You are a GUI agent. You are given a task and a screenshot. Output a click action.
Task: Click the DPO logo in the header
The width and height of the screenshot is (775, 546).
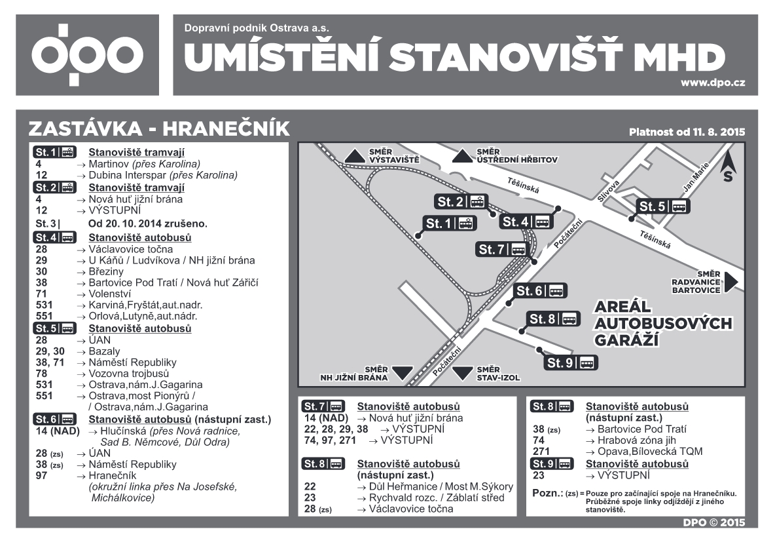[88, 55]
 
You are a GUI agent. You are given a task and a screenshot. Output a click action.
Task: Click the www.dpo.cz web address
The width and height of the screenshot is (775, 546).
[713, 83]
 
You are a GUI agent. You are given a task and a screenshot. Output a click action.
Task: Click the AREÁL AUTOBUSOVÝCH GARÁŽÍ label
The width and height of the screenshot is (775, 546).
[662, 324]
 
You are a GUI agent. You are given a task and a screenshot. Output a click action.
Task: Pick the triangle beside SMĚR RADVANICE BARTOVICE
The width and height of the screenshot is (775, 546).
[731, 281]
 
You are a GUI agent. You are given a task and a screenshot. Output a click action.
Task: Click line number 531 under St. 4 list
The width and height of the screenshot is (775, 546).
[45, 305]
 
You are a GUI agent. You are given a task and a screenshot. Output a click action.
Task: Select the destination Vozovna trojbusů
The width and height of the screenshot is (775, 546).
[128, 373]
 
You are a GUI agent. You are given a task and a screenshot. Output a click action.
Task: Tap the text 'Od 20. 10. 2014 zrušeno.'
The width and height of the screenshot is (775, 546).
[148, 224]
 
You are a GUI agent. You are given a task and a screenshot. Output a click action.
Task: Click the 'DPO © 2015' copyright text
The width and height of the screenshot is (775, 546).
[717, 522]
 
